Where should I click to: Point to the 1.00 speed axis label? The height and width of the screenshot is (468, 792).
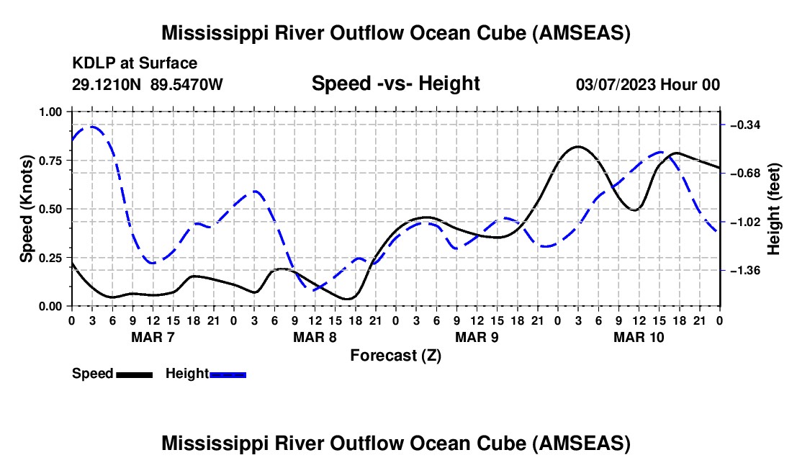click(x=50, y=112)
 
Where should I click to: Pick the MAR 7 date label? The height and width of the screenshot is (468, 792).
click(x=152, y=338)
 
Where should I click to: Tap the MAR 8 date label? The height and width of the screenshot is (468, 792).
click(x=314, y=338)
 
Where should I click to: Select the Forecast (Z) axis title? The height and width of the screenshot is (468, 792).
click(x=395, y=355)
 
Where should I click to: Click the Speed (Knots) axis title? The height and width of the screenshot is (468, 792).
click(x=27, y=208)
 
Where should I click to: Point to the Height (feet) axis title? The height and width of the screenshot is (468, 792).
click(x=774, y=208)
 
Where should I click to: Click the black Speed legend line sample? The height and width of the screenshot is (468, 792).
click(x=133, y=374)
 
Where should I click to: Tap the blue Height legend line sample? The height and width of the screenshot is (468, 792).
click(x=228, y=374)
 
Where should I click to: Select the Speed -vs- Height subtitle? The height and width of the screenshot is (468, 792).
click(x=395, y=84)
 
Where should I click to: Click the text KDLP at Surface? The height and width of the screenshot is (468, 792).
click(x=135, y=64)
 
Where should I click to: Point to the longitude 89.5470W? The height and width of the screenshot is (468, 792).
click(x=186, y=84)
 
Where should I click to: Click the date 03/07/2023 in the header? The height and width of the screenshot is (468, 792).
click(x=615, y=84)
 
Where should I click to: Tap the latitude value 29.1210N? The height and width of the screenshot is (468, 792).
click(x=108, y=84)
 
